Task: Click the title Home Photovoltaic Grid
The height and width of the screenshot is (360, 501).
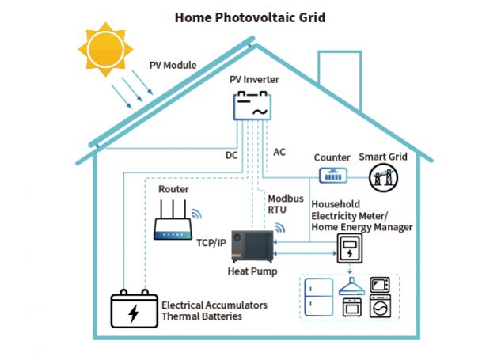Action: click(x=249, y=16)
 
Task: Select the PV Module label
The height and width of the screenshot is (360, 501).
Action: click(x=173, y=66)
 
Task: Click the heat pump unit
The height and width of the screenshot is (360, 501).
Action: click(x=252, y=240)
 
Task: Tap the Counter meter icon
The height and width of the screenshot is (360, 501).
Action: click(x=332, y=176)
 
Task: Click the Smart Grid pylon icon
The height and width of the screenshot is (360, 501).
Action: click(x=383, y=178)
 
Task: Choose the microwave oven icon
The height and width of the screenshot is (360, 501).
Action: click(x=381, y=284)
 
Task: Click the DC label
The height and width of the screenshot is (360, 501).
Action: click(x=231, y=156)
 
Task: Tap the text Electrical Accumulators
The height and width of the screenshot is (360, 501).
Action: click(x=214, y=305)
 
